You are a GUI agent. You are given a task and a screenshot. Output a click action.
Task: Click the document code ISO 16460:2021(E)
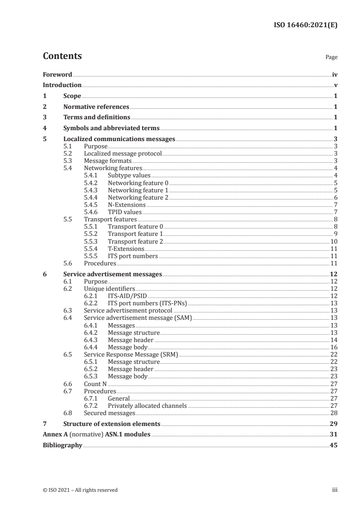coord(308,26)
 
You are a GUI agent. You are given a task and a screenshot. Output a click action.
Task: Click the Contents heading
coord(62,56)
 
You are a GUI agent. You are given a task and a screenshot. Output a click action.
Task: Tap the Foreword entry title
coord(57,74)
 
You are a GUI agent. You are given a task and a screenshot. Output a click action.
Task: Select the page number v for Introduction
coord(335,85)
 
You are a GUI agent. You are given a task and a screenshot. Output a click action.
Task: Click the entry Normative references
coord(96,107)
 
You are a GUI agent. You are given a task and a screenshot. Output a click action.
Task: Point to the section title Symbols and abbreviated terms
coord(111,128)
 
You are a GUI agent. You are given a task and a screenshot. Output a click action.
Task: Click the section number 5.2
coord(68,153)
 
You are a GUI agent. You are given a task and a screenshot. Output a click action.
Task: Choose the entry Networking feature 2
coord(138,198)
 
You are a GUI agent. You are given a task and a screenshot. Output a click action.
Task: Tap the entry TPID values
coord(124,211)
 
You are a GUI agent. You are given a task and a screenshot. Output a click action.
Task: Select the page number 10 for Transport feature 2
coord(334,241)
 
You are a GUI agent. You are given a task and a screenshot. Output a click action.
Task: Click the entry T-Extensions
coord(126,249)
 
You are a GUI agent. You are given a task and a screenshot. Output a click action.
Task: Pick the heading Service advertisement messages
coord(112,274)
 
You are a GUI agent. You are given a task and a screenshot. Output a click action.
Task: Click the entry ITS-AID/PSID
coord(127,296)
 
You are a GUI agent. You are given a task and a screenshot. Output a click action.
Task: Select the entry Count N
coord(95,383)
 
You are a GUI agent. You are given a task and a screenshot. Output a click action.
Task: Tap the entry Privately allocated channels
coord(147,406)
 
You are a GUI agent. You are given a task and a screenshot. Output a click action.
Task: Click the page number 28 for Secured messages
coord(334,413)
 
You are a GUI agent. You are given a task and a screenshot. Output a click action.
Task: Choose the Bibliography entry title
coord(62,445)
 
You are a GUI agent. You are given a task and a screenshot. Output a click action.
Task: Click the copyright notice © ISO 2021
coord(80,489)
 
